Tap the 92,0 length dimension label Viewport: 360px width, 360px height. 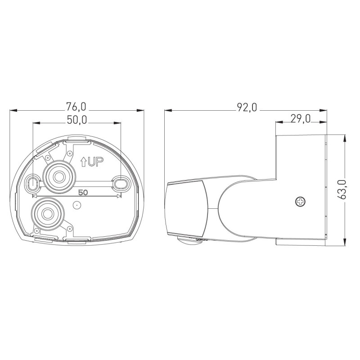tap(247, 107)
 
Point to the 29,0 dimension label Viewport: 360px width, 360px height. tap(301, 119)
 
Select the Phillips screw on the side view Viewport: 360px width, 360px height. tap(300, 202)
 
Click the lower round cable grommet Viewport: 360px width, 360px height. tap(45, 212)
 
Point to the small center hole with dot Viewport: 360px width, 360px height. tap(77, 205)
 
